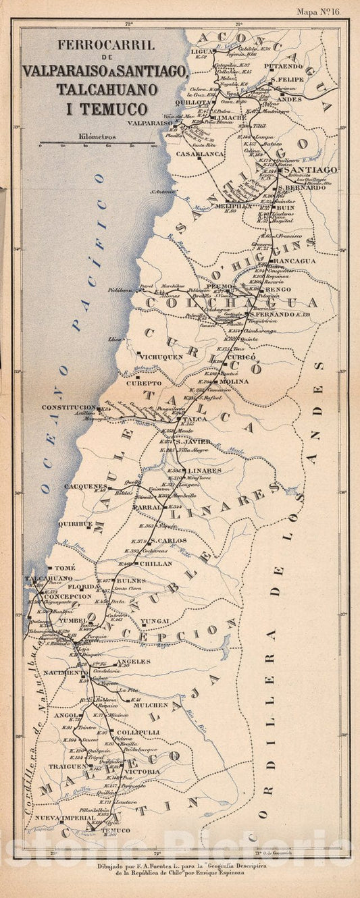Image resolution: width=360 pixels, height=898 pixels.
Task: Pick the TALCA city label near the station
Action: point(190,419)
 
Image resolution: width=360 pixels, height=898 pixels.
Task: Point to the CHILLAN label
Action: point(155,562)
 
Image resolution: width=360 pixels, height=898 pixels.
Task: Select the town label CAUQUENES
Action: point(86,486)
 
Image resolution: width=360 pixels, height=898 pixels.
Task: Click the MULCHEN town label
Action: point(151,704)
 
